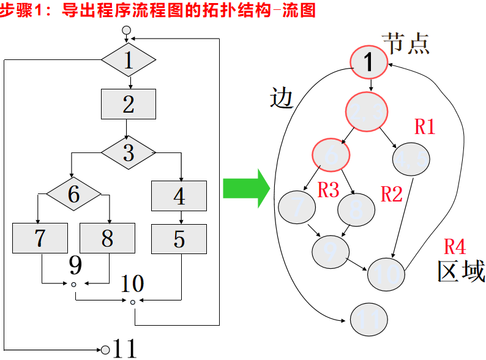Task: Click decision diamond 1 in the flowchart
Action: (129, 60)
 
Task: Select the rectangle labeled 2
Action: (129, 104)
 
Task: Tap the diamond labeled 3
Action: (129, 151)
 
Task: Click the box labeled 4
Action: (179, 196)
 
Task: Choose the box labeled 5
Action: (179, 238)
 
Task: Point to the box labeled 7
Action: (40, 238)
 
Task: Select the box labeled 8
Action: (107, 238)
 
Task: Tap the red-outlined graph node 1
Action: (368, 61)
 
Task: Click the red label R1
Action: (425, 127)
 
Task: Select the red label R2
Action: (392, 194)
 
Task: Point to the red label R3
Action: (328, 190)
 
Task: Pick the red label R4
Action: (455, 247)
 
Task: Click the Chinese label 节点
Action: (405, 43)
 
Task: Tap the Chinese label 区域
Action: (461, 271)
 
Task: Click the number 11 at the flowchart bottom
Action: (125, 349)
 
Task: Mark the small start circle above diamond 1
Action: (127, 30)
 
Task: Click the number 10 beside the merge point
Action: (132, 283)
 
